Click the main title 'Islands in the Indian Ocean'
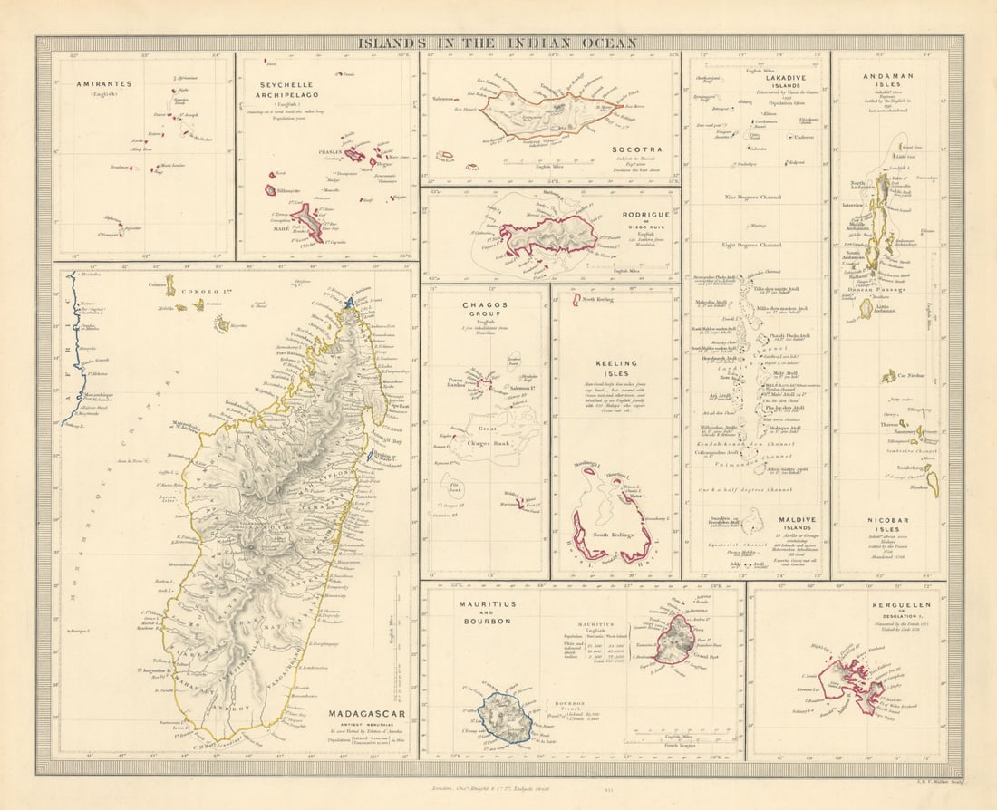497,43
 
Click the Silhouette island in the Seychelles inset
270,190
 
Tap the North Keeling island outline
576,300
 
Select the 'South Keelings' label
613,535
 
